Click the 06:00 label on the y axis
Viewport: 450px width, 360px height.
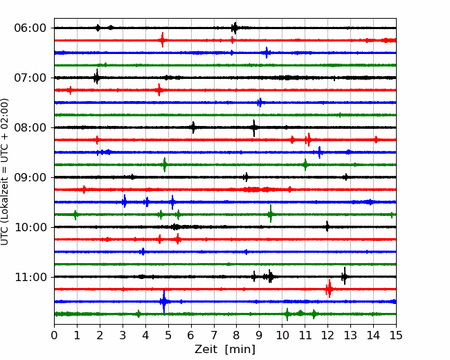click(x=30, y=28)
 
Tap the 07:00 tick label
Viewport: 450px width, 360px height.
click(x=30, y=78)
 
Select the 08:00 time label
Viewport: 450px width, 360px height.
click(x=30, y=127)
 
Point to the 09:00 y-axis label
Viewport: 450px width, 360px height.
click(x=30, y=177)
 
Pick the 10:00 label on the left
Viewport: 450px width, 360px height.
click(x=30, y=227)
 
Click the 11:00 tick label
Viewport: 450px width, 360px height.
click(x=30, y=277)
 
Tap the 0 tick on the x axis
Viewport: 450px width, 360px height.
click(x=54, y=335)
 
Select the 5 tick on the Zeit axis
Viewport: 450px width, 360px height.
click(x=168, y=335)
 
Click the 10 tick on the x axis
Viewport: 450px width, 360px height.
click(x=282, y=335)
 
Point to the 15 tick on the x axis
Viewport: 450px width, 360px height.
click(x=396, y=335)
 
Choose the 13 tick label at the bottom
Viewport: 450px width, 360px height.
click(x=350, y=335)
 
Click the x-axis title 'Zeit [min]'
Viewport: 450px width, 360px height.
click(x=225, y=350)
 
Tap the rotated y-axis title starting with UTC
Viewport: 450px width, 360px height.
click(x=5, y=172)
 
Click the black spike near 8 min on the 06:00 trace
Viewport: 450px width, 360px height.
click(x=235, y=28)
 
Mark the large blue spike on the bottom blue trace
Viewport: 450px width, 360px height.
click(x=164, y=301)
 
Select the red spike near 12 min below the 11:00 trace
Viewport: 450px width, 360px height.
click(x=329, y=289)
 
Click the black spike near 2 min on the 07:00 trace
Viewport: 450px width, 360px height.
click(x=97, y=77)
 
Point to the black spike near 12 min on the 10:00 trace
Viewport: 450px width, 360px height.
click(x=327, y=226)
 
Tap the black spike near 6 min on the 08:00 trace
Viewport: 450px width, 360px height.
click(x=193, y=127)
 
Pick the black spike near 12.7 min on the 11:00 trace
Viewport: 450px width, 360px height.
click(x=344, y=276)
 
